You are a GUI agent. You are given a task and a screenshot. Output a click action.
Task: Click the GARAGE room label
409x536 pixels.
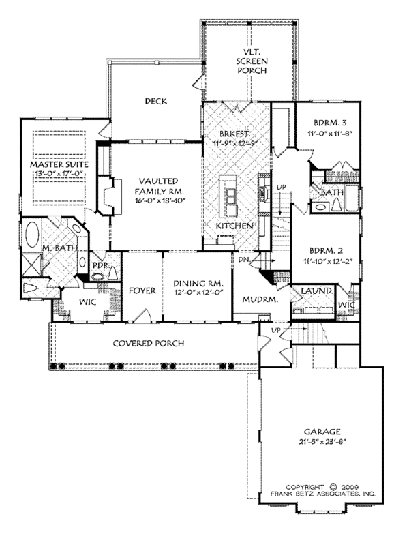tap(322, 432)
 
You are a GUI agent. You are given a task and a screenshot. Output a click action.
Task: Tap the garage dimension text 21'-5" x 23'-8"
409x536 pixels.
tap(323, 441)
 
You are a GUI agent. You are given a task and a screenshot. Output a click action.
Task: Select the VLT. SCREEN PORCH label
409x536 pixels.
tap(252, 61)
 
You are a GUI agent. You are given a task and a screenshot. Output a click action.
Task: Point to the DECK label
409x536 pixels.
tap(156, 101)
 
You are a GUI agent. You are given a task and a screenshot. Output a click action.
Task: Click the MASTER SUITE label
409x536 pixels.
tap(59, 164)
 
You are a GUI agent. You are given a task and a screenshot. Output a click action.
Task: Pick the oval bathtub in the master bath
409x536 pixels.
tap(33, 235)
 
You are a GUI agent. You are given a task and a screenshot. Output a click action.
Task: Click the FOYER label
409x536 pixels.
tap(142, 291)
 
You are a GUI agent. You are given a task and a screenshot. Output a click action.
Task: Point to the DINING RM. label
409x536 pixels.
tap(198, 284)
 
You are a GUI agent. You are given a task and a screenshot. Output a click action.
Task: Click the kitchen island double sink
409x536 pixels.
tap(230, 196)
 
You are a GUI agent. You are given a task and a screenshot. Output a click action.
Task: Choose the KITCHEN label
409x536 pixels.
tap(234, 226)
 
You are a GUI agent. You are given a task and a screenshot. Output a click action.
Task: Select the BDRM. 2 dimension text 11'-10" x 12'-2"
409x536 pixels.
tap(327, 261)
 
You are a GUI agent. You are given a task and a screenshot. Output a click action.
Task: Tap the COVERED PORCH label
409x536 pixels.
tap(149, 343)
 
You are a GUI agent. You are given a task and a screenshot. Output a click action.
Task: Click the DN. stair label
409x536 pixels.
tap(244, 260)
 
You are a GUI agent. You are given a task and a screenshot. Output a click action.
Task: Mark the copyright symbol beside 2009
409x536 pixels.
tap(333, 487)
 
